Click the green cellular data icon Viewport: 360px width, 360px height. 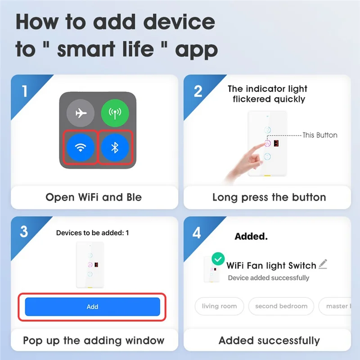click(114, 113)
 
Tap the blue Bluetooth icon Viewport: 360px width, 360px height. click(114, 147)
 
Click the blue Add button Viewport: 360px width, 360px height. click(92, 306)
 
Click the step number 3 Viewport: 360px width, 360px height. click(24, 232)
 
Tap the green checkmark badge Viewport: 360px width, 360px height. click(218, 259)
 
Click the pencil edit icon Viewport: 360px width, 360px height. click(323, 265)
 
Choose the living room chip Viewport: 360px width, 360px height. click(219, 306)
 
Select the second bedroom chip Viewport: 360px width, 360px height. click(281, 306)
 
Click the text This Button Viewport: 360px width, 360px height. click(319, 135)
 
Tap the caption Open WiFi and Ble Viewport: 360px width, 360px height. click(94, 197)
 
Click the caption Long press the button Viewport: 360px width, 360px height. click(269, 197)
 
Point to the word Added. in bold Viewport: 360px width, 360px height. click(251, 236)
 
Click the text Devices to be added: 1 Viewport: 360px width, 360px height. click(92, 233)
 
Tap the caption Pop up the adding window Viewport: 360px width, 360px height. click(94, 340)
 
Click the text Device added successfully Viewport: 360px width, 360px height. click(268, 278)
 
